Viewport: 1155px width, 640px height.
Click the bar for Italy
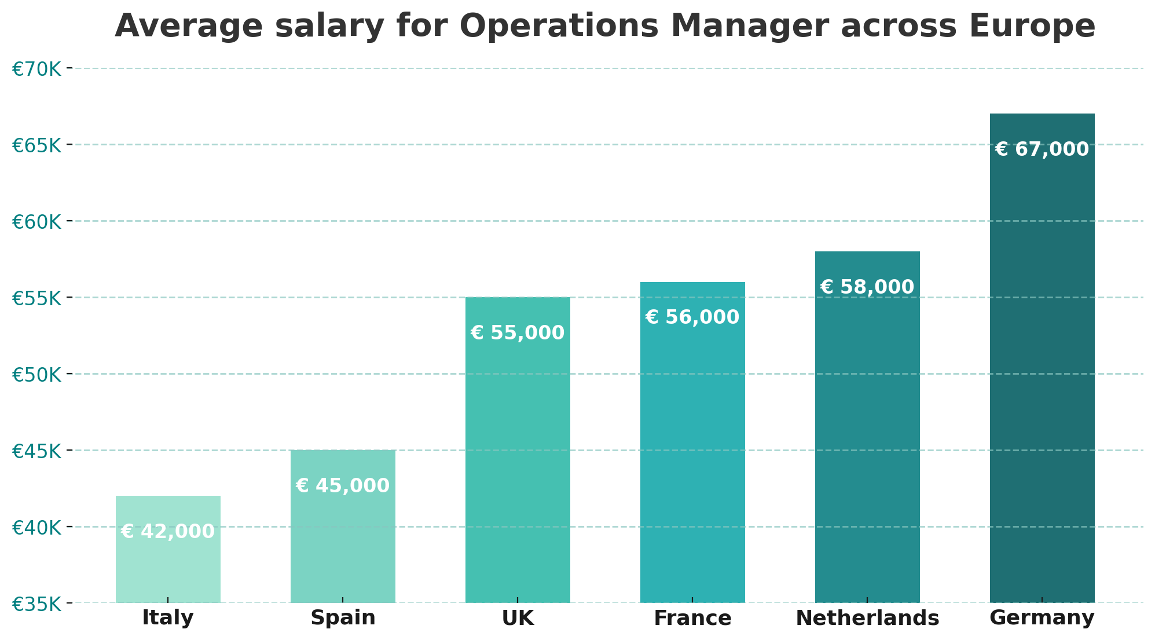pos(168,549)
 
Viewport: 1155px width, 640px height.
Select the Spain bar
pos(343,526)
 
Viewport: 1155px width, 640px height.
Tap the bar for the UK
pos(518,450)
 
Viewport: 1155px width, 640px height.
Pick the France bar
pos(692,442)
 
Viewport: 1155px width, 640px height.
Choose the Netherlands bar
pos(867,427)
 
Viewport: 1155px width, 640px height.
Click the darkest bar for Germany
pos(1042,358)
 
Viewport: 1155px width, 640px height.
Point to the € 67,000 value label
pos(1042,149)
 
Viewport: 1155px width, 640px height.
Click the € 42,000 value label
pos(168,532)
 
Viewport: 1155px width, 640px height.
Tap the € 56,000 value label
pos(692,317)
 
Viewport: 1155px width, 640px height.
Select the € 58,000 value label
pos(867,287)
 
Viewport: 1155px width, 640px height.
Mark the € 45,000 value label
pos(343,486)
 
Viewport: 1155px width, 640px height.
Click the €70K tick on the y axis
pos(36,69)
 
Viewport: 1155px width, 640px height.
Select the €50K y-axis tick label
pos(36,375)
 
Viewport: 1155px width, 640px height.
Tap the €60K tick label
pos(36,222)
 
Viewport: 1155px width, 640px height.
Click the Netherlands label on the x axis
pos(867,618)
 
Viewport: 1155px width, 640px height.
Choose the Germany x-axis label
pos(1042,618)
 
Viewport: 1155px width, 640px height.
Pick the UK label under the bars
pos(518,618)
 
